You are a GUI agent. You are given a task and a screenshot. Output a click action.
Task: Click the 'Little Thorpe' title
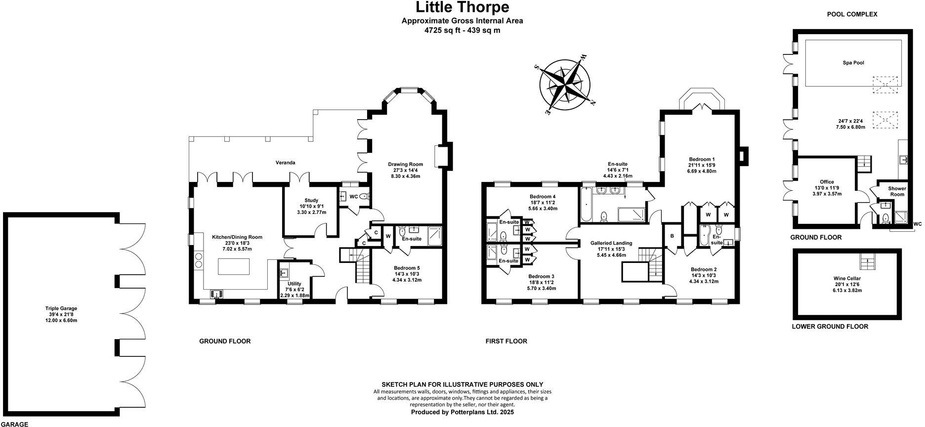[x=462, y=7]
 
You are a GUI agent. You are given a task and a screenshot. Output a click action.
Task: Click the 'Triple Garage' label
[x=61, y=308]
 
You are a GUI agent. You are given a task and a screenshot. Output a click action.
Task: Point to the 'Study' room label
[x=311, y=200]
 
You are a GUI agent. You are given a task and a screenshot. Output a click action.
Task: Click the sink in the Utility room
[x=284, y=273]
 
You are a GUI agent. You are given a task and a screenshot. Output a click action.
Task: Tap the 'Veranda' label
[x=285, y=163]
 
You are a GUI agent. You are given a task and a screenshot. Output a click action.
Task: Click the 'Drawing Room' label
[x=405, y=165]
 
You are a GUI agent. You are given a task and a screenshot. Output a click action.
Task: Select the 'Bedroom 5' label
[x=407, y=268]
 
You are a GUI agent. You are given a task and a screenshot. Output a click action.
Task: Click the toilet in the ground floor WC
[x=364, y=197]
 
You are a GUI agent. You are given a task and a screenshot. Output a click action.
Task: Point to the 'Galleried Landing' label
[x=611, y=243]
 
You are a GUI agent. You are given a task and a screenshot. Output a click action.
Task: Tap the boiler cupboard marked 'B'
[x=672, y=236]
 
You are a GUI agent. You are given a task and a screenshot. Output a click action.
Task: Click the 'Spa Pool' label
[x=853, y=63]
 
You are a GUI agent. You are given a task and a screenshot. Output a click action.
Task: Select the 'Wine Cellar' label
[x=847, y=278]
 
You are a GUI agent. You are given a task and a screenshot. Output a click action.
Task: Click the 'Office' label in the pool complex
[x=827, y=182]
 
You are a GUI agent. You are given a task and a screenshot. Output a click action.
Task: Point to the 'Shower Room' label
[x=897, y=191]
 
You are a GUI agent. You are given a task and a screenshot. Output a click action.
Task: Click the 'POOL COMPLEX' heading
[x=852, y=14]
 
